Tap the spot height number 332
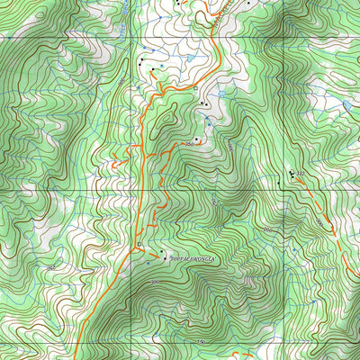pyautogui.click(x=301, y=171)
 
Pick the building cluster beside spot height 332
pyautogui.click(x=292, y=172)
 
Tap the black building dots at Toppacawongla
pyautogui.click(x=162, y=253)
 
